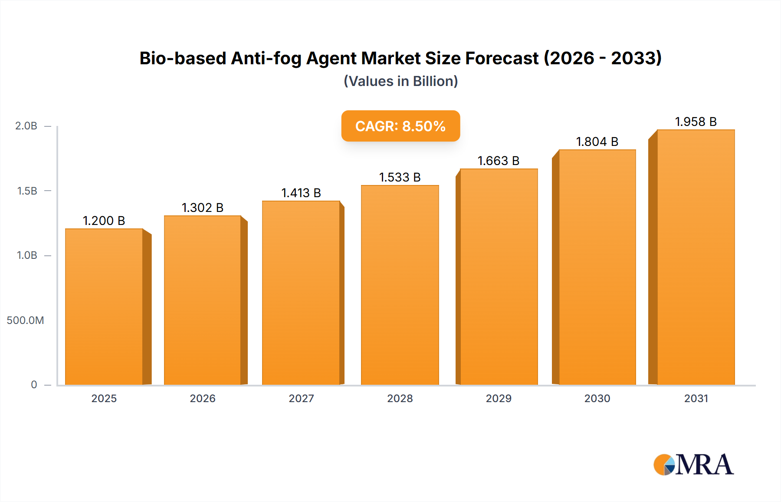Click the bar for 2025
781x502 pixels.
(x=104, y=307)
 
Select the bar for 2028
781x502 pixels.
(x=400, y=285)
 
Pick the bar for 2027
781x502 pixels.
(x=301, y=293)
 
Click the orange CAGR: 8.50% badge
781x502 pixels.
(x=400, y=126)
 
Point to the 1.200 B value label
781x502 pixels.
(x=104, y=221)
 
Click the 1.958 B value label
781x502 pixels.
(x=696, y=122)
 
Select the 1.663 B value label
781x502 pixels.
(x=498, y=161)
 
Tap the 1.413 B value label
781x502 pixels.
(x=301, y=193)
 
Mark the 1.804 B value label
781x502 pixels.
(x=597, y=142)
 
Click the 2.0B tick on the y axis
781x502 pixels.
(x=26, y=126)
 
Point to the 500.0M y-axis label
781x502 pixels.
(x=25, y=320)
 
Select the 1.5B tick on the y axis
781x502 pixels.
(x=27, y=191)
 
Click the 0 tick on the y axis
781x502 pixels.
(x=34, y=385)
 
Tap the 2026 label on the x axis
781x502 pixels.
(x=202, y=398)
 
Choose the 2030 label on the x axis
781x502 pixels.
(x=597, y=398)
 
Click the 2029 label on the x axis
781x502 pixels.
(x=499, y=398)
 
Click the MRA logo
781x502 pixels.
(x=693, y=465)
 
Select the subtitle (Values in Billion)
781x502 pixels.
(x=400, y=81)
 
